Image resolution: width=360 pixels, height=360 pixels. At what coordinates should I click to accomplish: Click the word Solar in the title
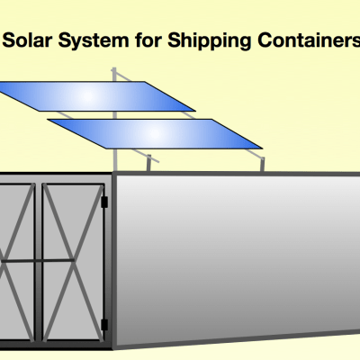27,40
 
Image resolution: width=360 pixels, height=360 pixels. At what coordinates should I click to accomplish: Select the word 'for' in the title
148,40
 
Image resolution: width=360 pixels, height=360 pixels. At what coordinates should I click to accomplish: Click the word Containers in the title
309,40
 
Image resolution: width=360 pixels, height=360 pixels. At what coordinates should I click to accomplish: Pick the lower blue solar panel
155,134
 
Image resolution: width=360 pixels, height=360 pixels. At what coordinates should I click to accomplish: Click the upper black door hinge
104,202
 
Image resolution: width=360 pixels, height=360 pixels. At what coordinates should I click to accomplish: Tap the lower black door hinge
104,325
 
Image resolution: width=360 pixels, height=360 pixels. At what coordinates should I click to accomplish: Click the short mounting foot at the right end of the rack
262,165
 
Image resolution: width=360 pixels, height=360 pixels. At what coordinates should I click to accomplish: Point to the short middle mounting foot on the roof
148,163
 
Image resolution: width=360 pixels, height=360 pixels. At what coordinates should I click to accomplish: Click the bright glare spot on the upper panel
87,96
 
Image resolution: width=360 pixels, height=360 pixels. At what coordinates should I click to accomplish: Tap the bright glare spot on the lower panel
155,134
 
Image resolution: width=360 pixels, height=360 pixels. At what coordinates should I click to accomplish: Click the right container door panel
73,263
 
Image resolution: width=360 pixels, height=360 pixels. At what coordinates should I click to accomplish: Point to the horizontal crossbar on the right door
58,260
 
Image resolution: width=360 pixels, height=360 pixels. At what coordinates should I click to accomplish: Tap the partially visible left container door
17,263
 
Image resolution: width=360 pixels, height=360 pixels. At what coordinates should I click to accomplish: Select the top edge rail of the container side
237,174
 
